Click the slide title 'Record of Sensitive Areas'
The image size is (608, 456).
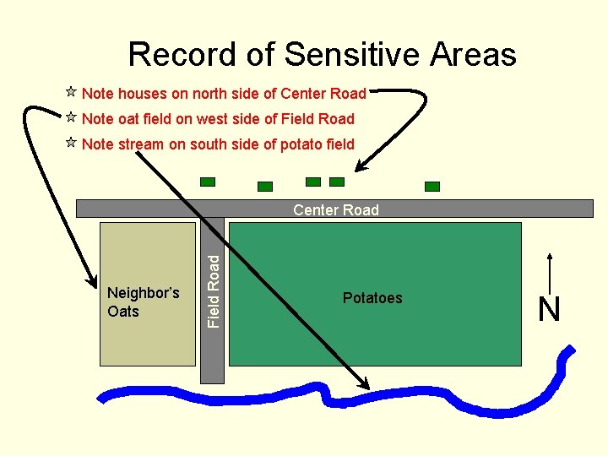[x=322, y=55]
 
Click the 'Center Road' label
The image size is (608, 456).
[x=336, y=209]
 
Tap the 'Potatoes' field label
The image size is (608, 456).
[x=372, y=298]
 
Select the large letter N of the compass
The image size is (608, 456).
[x=549, y=310]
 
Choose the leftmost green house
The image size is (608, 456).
[x=208, y=182]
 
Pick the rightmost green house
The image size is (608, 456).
[x=432, y=186]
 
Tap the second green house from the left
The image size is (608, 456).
[x=265, y=186]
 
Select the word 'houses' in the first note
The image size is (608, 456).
[x=144, y=94]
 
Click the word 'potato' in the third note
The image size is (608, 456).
[x=300, y=144]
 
